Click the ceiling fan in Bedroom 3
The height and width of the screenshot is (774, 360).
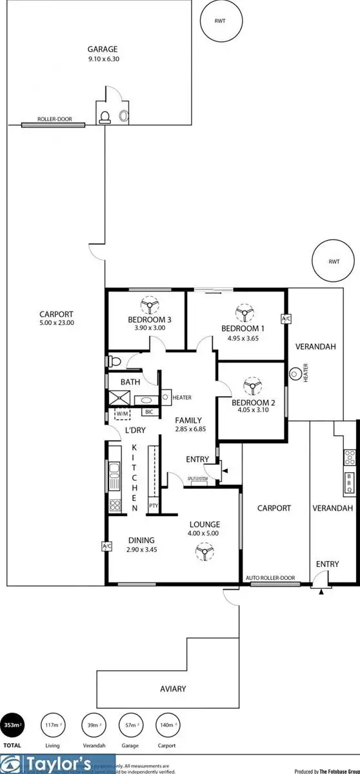click(150, 304)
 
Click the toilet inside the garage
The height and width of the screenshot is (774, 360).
click(105, 117)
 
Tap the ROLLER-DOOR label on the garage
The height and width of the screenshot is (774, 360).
click(54, 119)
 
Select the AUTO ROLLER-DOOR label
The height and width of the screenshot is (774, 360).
click(270, 578)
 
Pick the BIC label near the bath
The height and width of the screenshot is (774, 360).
click(148, 412)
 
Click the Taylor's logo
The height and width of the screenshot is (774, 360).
click(58, 764)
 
